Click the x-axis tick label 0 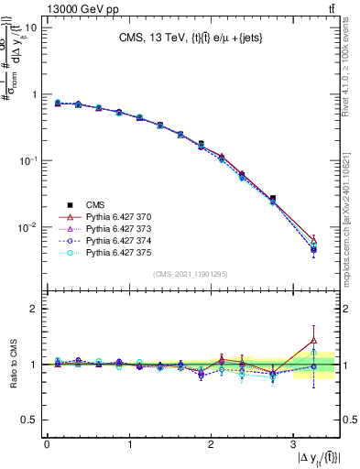[x=47, y=445]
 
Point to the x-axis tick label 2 [x=210, y=445]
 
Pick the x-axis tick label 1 [x=128, y=445]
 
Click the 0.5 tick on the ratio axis [x=29, y=420]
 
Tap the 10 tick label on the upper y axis [x=28, y=27]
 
